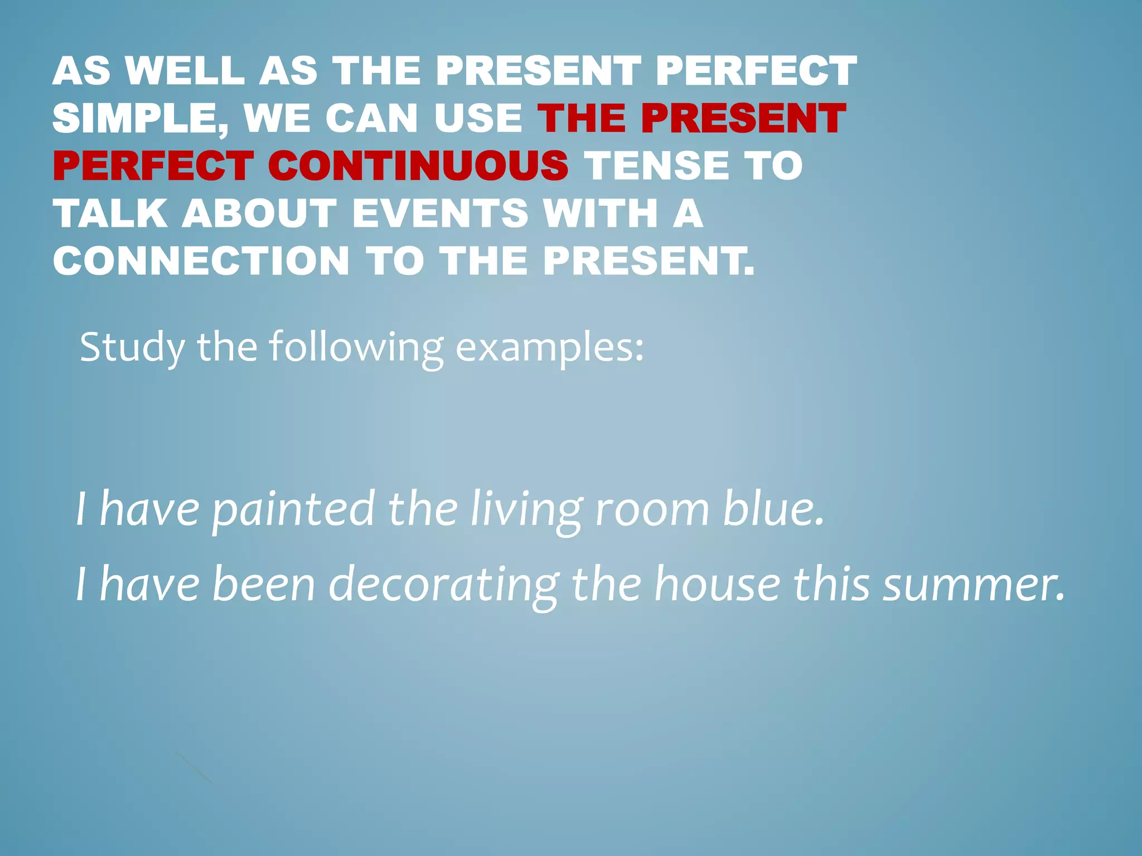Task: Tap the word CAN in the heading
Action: [371, 119]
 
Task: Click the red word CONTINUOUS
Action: [418, 166]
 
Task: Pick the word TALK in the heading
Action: [110, 214]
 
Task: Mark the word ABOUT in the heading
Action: [260, 214]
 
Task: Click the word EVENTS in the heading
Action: [441, 214]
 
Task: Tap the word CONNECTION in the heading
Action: [201, 261]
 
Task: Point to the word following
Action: [356, 348]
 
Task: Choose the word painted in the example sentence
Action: [293, 510]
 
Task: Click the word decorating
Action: [444, 585]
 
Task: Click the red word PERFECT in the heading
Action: [153, 166]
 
